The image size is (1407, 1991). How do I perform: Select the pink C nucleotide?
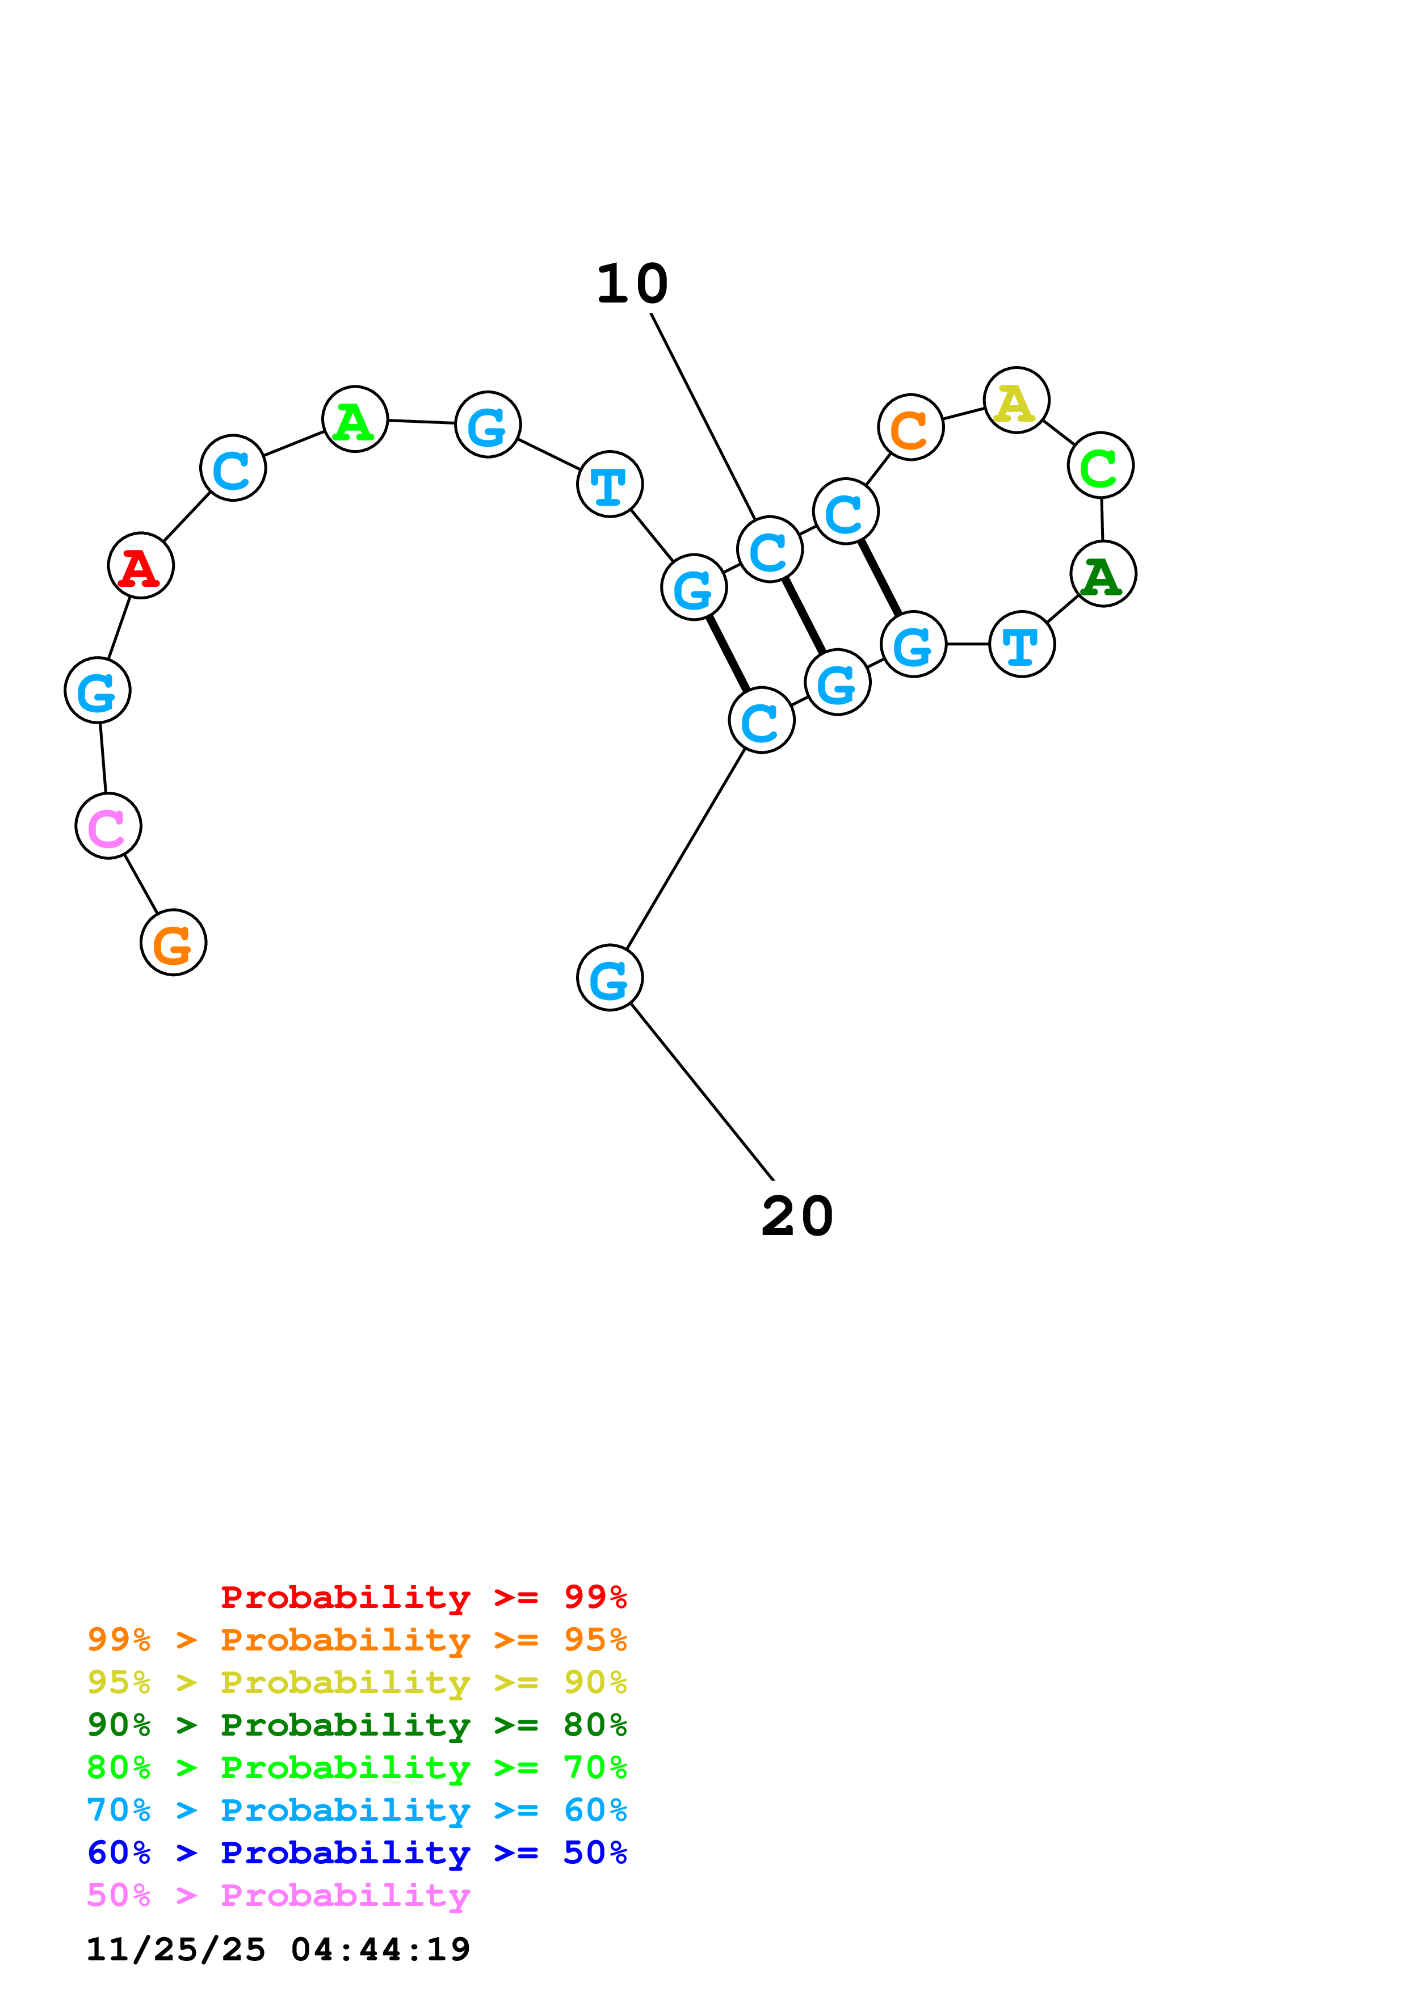click(x=108, y=826)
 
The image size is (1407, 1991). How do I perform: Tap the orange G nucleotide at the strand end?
click(x=173, y=943)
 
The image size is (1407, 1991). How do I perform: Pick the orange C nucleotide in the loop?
click(x=910, y=427)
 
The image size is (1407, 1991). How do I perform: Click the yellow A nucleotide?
click(x=1017, y=400)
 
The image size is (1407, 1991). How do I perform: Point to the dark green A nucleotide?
click(x=1103, y=574)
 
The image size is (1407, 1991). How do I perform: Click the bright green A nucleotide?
click(x=355, y=419)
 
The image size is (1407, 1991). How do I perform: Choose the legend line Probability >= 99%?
click(x=424, y=1597)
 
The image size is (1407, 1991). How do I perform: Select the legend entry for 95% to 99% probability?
click(x=357, y=1639)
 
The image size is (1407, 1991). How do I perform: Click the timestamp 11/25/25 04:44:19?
click(x=278, y=1950)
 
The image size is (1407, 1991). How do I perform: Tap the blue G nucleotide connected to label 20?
click(x=610, y=978)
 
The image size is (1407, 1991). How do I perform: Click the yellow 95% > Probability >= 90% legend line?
click(x=357, y=1682)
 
